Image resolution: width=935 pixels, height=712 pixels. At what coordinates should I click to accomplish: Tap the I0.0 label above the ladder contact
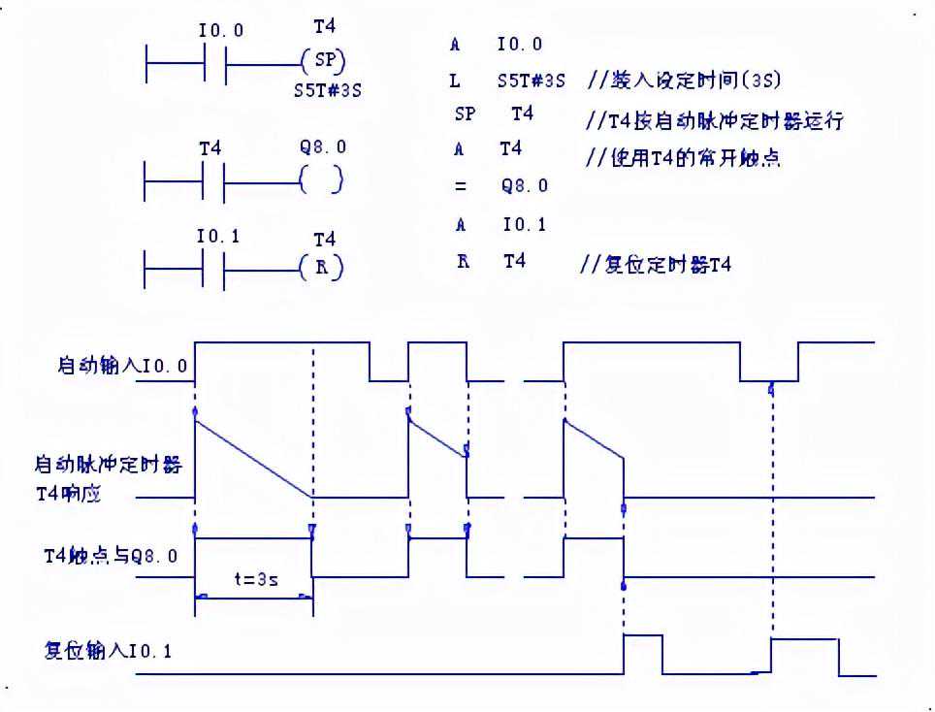(221, 31)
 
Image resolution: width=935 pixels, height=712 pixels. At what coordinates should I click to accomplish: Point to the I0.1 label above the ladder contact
(218, 236)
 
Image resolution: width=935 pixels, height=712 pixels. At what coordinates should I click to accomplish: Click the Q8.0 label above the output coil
(323, 148)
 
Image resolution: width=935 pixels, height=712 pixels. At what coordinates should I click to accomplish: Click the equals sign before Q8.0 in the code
(461, 186)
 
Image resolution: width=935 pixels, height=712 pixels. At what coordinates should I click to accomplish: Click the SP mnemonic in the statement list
(465, 114)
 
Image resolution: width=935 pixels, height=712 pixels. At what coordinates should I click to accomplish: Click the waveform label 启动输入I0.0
(123, 367)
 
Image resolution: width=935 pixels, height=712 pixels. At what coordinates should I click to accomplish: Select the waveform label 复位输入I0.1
(108, 651)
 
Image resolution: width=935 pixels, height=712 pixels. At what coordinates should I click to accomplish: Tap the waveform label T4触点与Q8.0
(112, 556)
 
